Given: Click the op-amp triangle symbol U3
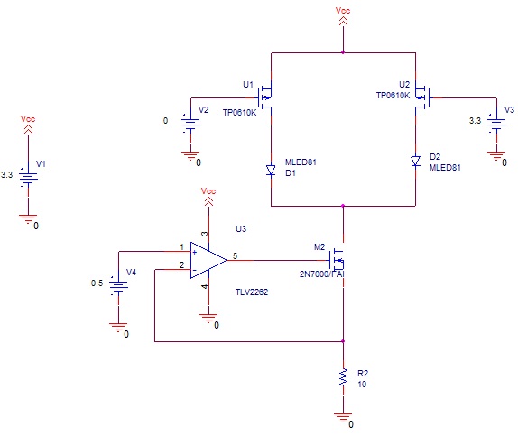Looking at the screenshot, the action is [208, 261].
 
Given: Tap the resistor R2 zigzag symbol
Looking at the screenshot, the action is [343, 377].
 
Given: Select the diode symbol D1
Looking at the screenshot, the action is [272, 171].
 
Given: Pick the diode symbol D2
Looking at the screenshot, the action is [415, 162].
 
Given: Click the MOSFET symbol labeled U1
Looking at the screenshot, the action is [266, 97].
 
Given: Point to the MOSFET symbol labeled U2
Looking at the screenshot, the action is [421, 97].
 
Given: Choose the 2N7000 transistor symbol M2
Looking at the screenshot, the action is [338, 260].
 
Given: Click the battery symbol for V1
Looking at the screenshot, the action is [28, 178].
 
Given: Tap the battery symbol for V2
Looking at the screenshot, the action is [190, 123].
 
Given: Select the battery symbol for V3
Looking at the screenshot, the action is [496, 123].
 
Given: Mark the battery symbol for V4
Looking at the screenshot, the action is [118, 284].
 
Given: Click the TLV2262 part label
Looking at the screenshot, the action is [252, 292].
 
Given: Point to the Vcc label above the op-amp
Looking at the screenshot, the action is [208, 190].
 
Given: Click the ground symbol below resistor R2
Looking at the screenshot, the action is [343, 417].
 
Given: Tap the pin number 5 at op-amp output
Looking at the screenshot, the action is [235, 255].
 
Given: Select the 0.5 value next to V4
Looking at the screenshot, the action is [97, 283].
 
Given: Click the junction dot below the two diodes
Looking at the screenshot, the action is [343, 206].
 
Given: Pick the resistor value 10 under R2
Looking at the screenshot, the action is [362, 385].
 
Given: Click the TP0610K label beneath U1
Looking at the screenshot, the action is [239, 113].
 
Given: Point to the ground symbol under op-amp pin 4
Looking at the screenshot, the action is [208, 318].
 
